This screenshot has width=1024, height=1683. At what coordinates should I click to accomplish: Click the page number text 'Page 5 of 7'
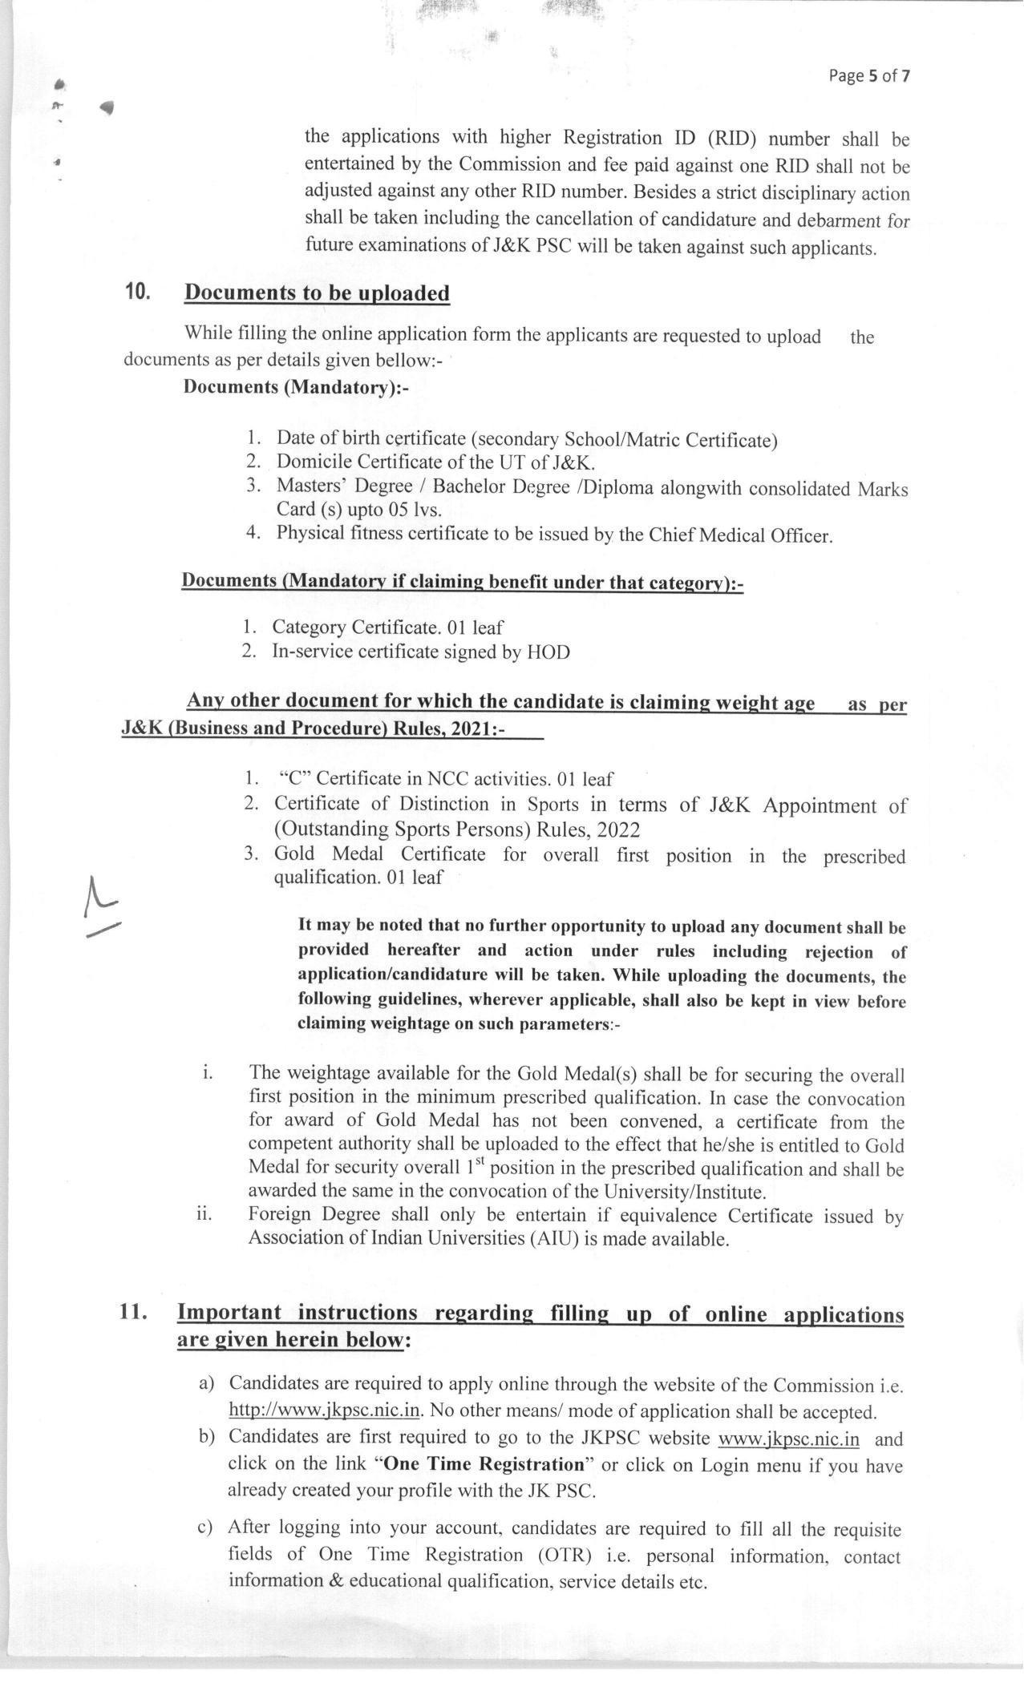point(869,76)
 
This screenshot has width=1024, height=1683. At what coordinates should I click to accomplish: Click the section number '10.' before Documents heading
point(138,292)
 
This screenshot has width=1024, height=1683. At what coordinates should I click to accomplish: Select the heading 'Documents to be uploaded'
point(317,293)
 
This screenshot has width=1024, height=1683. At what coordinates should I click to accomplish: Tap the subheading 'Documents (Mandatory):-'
point(296,387)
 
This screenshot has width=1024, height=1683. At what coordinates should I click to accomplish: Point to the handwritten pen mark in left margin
point(101,906)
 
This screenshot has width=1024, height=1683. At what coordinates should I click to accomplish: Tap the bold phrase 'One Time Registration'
point(484,1464)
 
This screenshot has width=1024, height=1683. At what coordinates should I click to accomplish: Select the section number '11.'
point(134,1311)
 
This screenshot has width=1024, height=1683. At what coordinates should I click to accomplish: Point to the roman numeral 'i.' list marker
point(208,1073)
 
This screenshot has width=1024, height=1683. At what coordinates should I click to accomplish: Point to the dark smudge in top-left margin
point(107,107)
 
